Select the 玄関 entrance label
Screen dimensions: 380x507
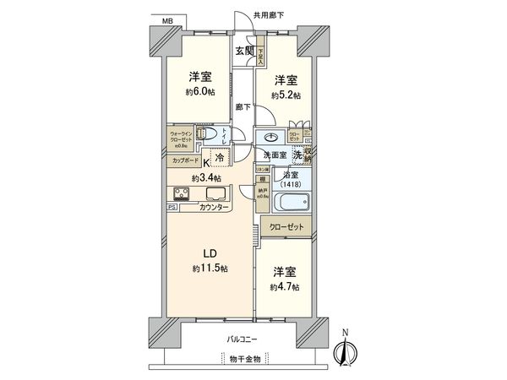click(x=245, y=52)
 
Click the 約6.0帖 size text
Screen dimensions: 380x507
click(x=199, y=94)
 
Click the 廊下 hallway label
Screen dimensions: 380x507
click(x=244, y=107)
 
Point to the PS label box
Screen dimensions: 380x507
click(x=172, y=206)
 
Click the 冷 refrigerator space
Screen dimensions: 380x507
click(x=219, y=158)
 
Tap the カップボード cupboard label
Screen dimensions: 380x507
click(x=185, y=160)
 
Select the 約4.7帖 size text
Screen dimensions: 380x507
click(x=286, y=287)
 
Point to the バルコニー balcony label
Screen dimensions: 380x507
click(x=243, y=339)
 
